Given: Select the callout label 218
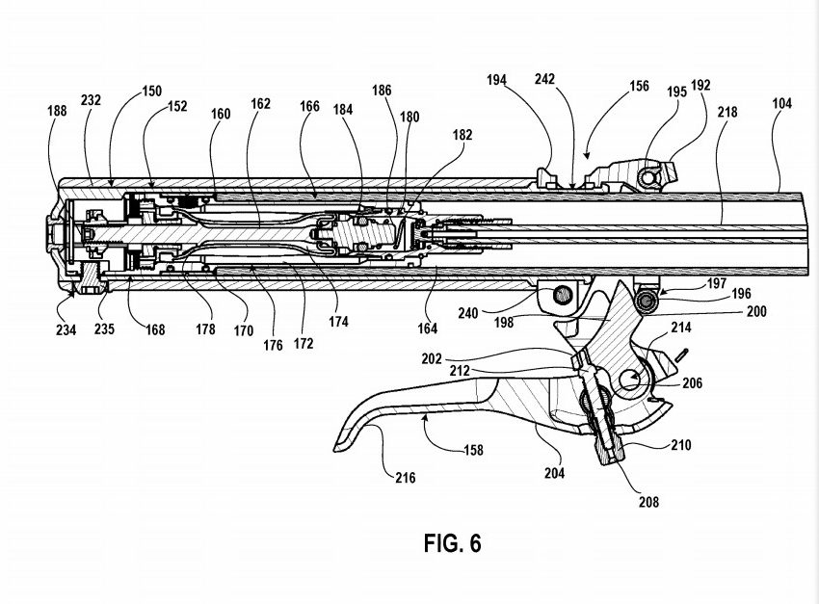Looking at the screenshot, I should tap(727, 113).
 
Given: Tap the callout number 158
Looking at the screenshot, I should tap(471, 450).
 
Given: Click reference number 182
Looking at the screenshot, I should tap(463, 136).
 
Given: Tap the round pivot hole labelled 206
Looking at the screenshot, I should tap(632, 379).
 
